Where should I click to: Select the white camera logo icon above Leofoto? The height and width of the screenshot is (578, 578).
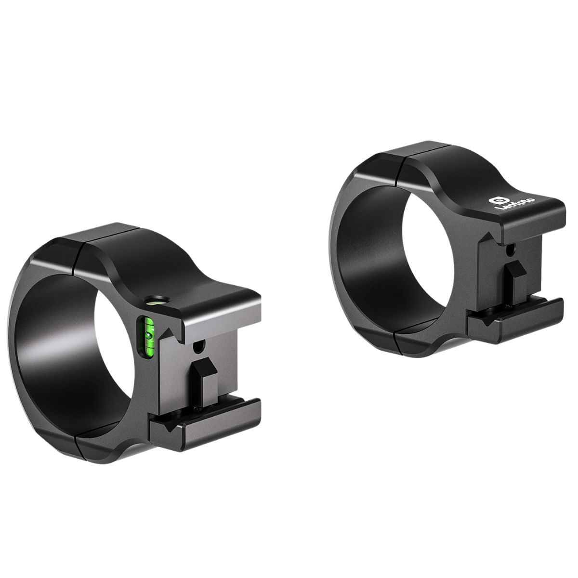(x=497, y=199)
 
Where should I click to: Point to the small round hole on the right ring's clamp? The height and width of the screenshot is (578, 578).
(x=509, y=250)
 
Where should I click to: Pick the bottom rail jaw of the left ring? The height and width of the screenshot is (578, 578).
(x=205, y=424)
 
